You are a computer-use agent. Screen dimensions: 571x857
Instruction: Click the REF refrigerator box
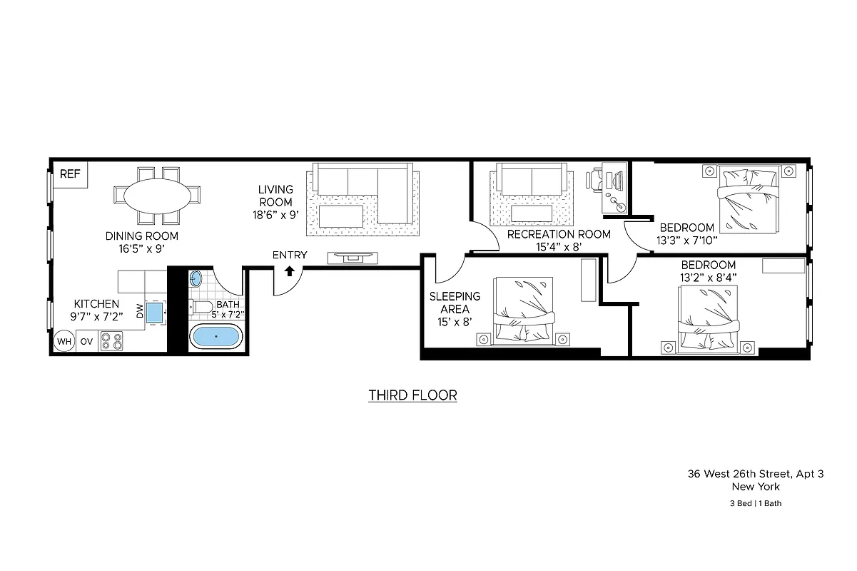tap(70, 173)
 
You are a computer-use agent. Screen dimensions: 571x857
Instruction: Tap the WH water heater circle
tap(64, 342)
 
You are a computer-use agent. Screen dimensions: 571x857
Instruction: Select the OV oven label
tap(86, 342)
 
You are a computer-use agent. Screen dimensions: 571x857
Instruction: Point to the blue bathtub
tap(216, 336)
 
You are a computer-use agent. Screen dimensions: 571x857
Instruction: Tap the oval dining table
tap(157, 194)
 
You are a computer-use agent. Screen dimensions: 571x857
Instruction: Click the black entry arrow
tap(290, 271)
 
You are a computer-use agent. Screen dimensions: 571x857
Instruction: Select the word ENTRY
tap(290, 255)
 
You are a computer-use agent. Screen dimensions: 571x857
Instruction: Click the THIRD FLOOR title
tap(412, 395)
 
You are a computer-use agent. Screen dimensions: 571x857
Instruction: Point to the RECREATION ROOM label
tap(559, 234)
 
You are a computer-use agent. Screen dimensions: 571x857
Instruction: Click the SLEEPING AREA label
tap(455, 303)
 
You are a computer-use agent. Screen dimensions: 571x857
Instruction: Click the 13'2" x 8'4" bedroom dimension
tap(708, 278)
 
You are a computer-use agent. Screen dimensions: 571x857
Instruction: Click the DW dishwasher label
tap(140, 311)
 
